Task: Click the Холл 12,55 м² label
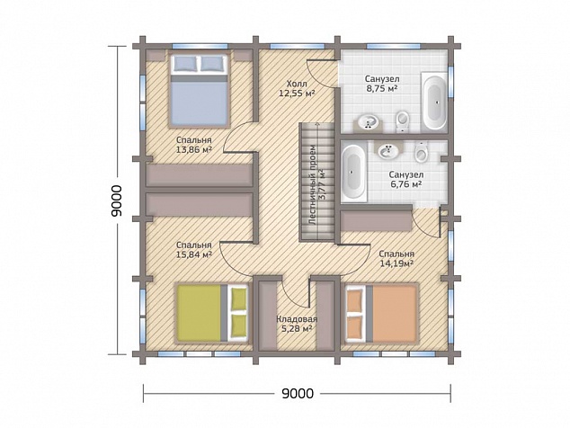pos(297,88)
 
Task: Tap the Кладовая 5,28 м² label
pos(297,325)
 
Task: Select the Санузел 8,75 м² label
pos(382,84)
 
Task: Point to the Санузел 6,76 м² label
pos(406,180)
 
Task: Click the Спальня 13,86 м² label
pos(194,145)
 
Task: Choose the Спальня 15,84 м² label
pos(194,250)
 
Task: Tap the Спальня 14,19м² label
pos(396,259)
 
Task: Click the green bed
pos(213,313)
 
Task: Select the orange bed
pos(381,313)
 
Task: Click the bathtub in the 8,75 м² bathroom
pos(434,101)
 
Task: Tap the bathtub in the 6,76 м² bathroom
pos(353,171)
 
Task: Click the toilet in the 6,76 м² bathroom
pos(422,152)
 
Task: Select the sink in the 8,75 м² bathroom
pos(369,121)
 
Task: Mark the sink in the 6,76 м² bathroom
pos(388,150)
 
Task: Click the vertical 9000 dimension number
pos(117,201)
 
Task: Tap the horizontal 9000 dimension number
pos(298,393)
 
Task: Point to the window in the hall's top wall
pos(297,46)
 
